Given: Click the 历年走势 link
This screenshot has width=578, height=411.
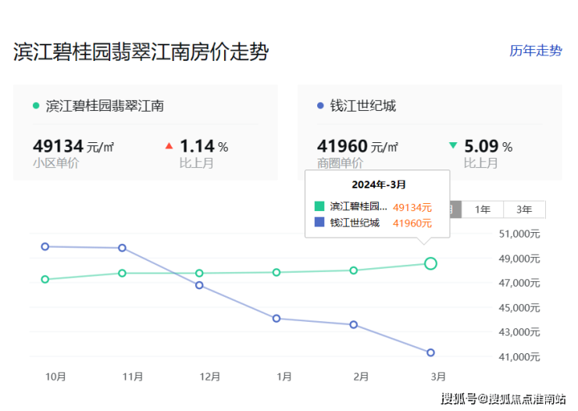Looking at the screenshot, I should (x=535, y=51).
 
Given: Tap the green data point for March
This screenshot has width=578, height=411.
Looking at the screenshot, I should (x=430, y=263).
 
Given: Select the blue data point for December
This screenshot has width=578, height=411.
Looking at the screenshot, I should (x=199, y=285).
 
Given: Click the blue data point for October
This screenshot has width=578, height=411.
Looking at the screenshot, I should (x=45, y=246).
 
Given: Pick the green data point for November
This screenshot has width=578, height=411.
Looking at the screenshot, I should (x=123, y=273).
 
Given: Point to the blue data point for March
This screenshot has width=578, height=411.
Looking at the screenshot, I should (x=430, y=352).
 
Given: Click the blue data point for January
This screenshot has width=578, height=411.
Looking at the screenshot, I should (x=277, y=318).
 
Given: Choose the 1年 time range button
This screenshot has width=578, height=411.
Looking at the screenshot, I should (x=483, y=209).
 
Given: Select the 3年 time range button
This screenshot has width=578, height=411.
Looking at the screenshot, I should (x=524, y=209).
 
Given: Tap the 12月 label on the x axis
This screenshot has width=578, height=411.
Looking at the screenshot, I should (x=210, y=377).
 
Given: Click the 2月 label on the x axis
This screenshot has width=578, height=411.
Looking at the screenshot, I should (x=360, y=377).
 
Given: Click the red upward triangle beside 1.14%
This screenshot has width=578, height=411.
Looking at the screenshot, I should (x=169, y=145).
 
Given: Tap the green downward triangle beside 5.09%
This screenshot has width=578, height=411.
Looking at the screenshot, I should (x=453, y=145).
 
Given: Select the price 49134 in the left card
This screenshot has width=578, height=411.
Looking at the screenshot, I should (x=58, y=146).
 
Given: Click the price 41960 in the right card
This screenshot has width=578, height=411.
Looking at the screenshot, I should (x=341, y=146).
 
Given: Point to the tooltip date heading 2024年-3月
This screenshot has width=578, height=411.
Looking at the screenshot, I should (x=379, y=184).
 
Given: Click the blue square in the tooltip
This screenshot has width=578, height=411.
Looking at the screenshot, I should (x=319, y=223).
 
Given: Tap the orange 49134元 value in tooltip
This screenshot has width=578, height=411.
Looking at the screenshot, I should (x=412, y=207).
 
